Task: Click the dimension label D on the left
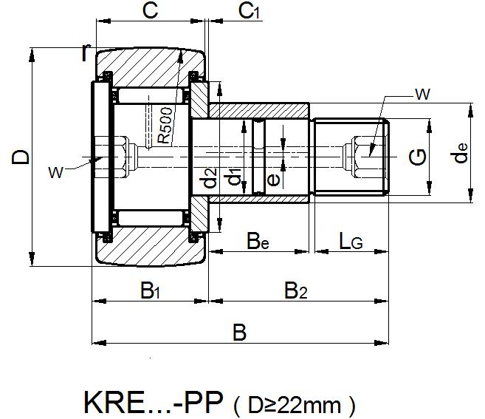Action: coord(22,157)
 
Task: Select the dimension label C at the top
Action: coord(151,11)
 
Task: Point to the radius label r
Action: coord(86,52)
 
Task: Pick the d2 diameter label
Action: coord(211,178)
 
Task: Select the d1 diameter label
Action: coord(233,178)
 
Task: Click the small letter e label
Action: coord(272,178)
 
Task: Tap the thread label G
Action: coord(419,157)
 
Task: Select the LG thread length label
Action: coord(351,240)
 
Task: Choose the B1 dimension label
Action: coord(150,290)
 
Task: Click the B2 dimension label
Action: coord(295,290)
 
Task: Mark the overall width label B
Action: coord(238,333)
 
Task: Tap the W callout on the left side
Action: coord(55,171)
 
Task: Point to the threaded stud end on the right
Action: coord(351,157)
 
